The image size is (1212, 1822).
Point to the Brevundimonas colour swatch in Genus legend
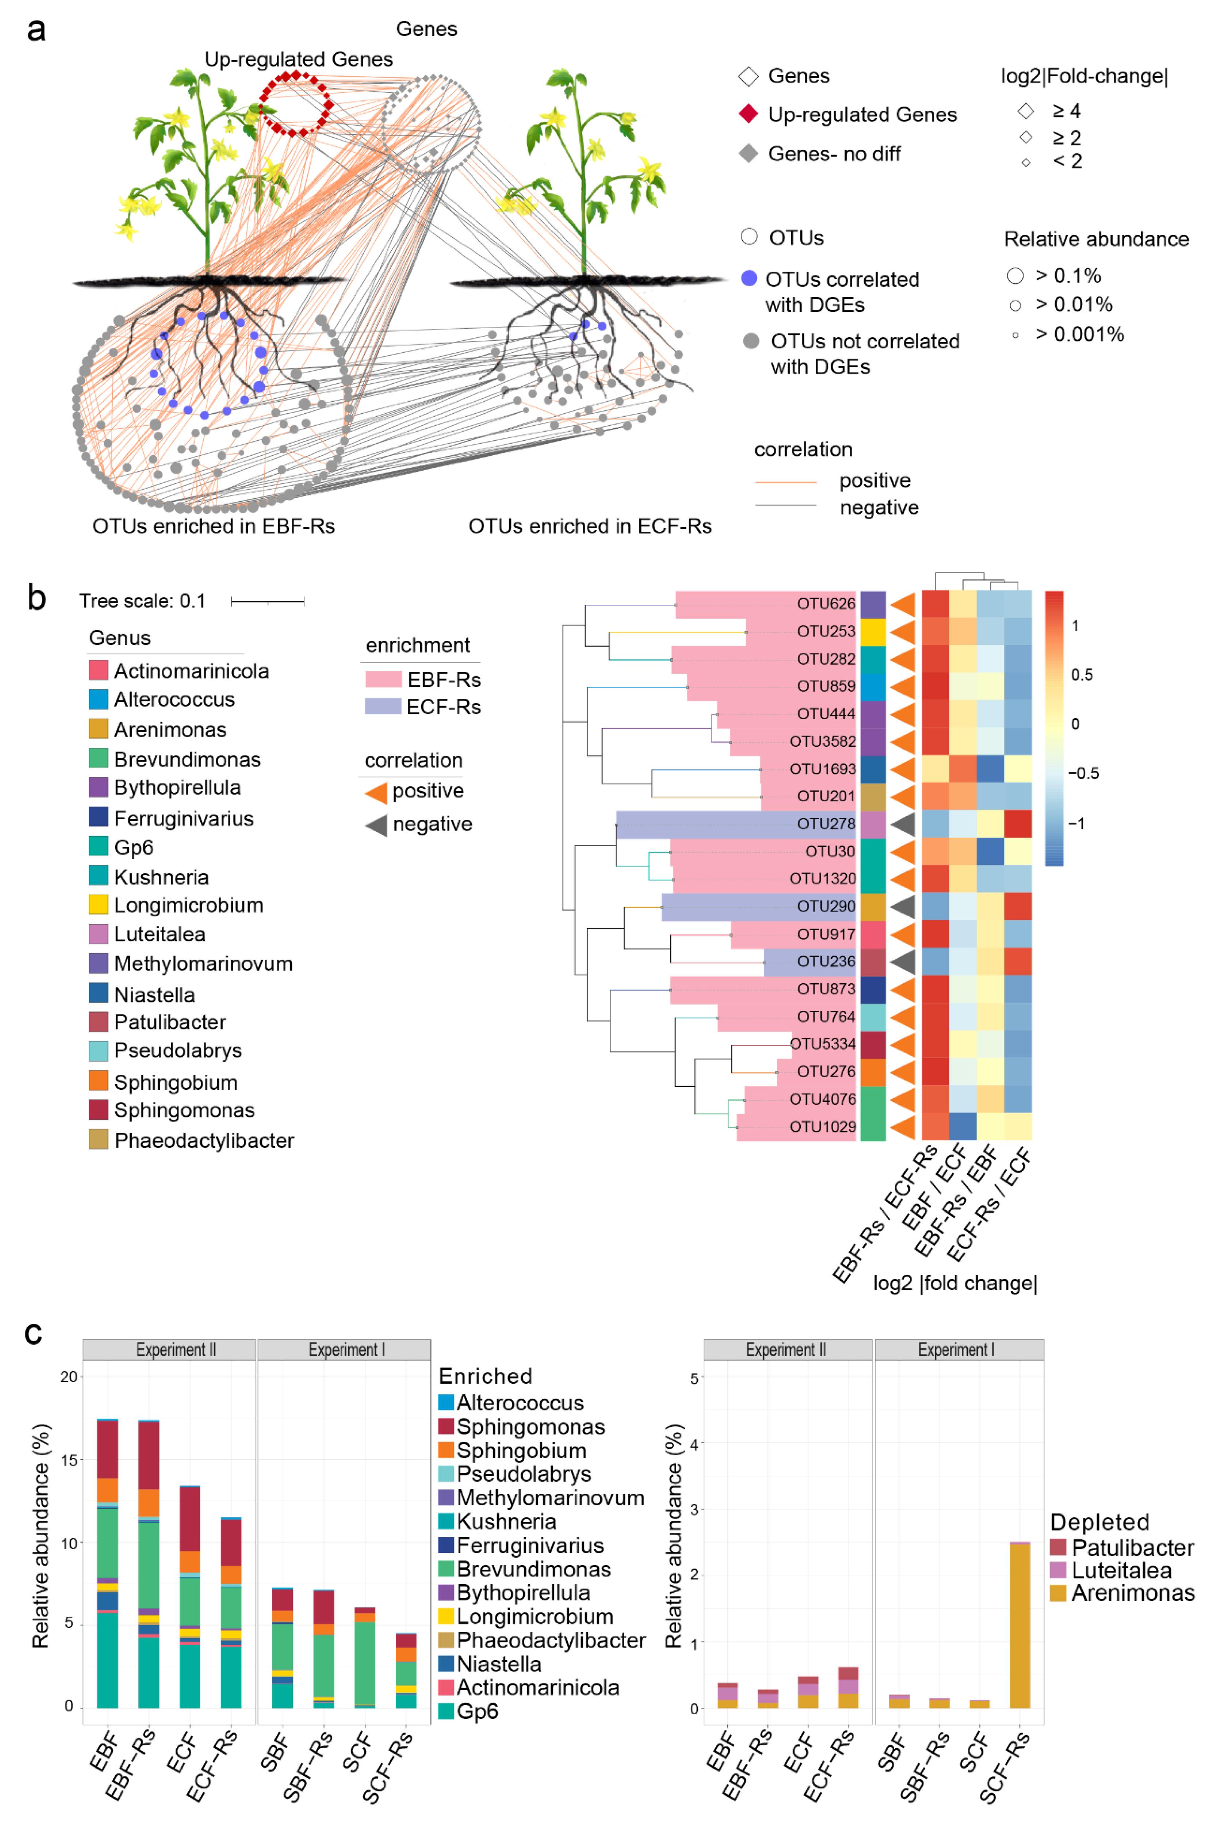pyautogui.click(x=98, y=758)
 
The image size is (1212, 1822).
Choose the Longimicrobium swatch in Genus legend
pyautogui.click(x=98, y=905)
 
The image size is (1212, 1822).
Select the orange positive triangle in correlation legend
pyautogui.click(x=376, y=791)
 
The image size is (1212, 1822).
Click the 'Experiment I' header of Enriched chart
pyautogui.click(x=344, y=1350)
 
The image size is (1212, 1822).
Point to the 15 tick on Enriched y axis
pyautogui.click(x=69, y=1460)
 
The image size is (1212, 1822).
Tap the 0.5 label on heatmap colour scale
pyautogui.click(x=1081, y=675)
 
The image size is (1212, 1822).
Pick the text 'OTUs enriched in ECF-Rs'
pyautogui.click(x=590, y=526)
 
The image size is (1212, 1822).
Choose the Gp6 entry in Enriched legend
pyautogui.click(x=477, y=1711)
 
